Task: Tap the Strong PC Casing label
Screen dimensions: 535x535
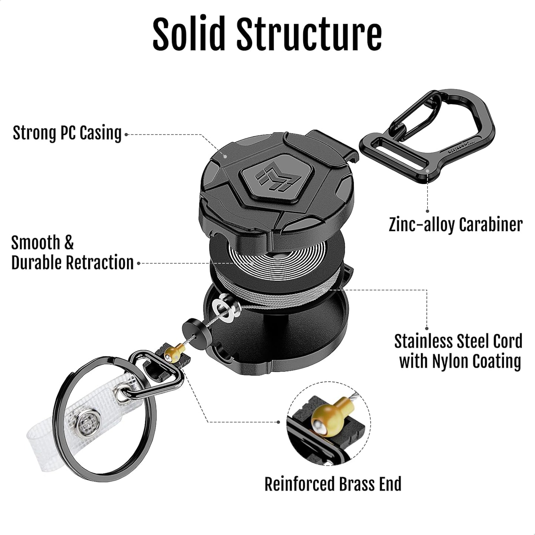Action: point(67,133)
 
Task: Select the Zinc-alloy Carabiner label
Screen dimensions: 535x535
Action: point(455,224)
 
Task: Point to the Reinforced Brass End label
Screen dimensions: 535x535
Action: point(332,484)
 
